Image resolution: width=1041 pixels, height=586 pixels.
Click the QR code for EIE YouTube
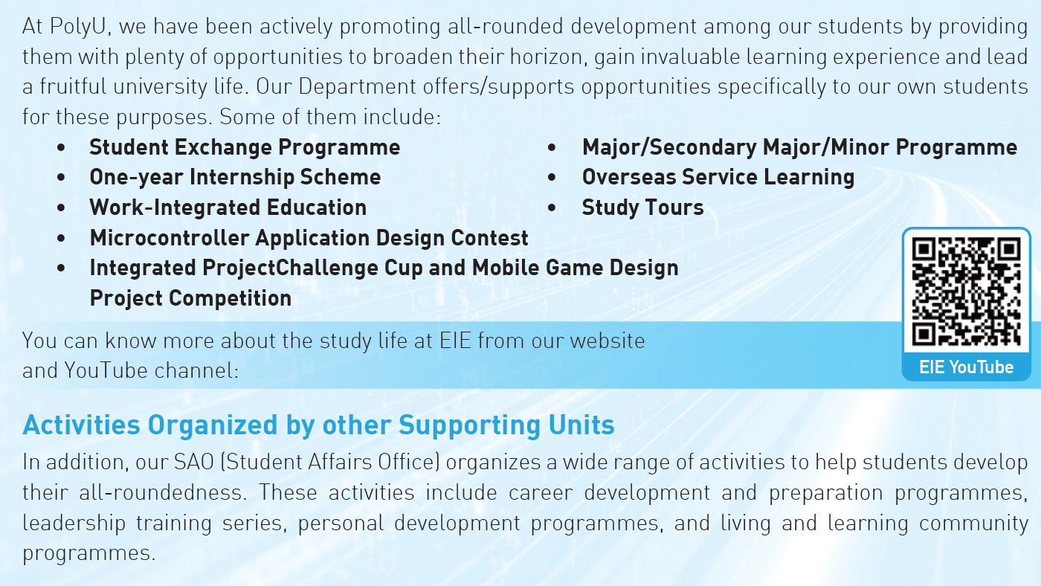[966, 292]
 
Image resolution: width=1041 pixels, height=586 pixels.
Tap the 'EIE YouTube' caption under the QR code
[966, 367]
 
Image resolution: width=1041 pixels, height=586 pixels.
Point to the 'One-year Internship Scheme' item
[235, 178]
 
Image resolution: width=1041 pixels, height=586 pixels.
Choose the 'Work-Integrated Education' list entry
[228, 207]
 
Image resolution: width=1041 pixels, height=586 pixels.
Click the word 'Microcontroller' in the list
[170, 238]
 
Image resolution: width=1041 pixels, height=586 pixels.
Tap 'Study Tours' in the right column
[642, 207]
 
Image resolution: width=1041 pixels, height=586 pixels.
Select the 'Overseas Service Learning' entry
[718, 178]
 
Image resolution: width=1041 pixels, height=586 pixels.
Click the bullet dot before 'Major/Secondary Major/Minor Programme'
[552, 148]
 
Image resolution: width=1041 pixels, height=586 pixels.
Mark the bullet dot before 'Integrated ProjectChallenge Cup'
[61, 268]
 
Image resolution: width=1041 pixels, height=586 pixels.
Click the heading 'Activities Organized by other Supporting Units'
[318, 425]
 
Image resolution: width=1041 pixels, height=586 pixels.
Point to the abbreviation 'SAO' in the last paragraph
[194, 463]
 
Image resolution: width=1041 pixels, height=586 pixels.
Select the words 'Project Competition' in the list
[190, 298]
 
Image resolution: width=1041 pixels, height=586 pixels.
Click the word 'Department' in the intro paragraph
[357, 87]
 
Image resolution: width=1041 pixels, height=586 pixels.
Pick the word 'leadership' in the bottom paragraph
[74, 524]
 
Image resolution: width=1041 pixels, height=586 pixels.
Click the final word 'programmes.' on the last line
[88, 554]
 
